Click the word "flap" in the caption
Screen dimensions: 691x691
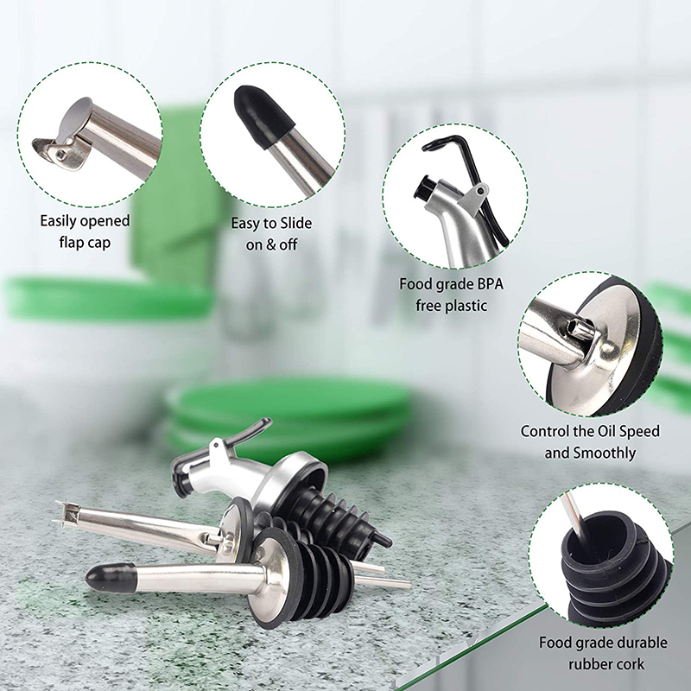tap(73, 243)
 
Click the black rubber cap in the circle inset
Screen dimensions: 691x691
tap(263, 116)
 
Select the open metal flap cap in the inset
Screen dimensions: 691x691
tap(64, 134)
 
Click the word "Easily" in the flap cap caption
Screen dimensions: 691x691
tap(60, 220)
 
